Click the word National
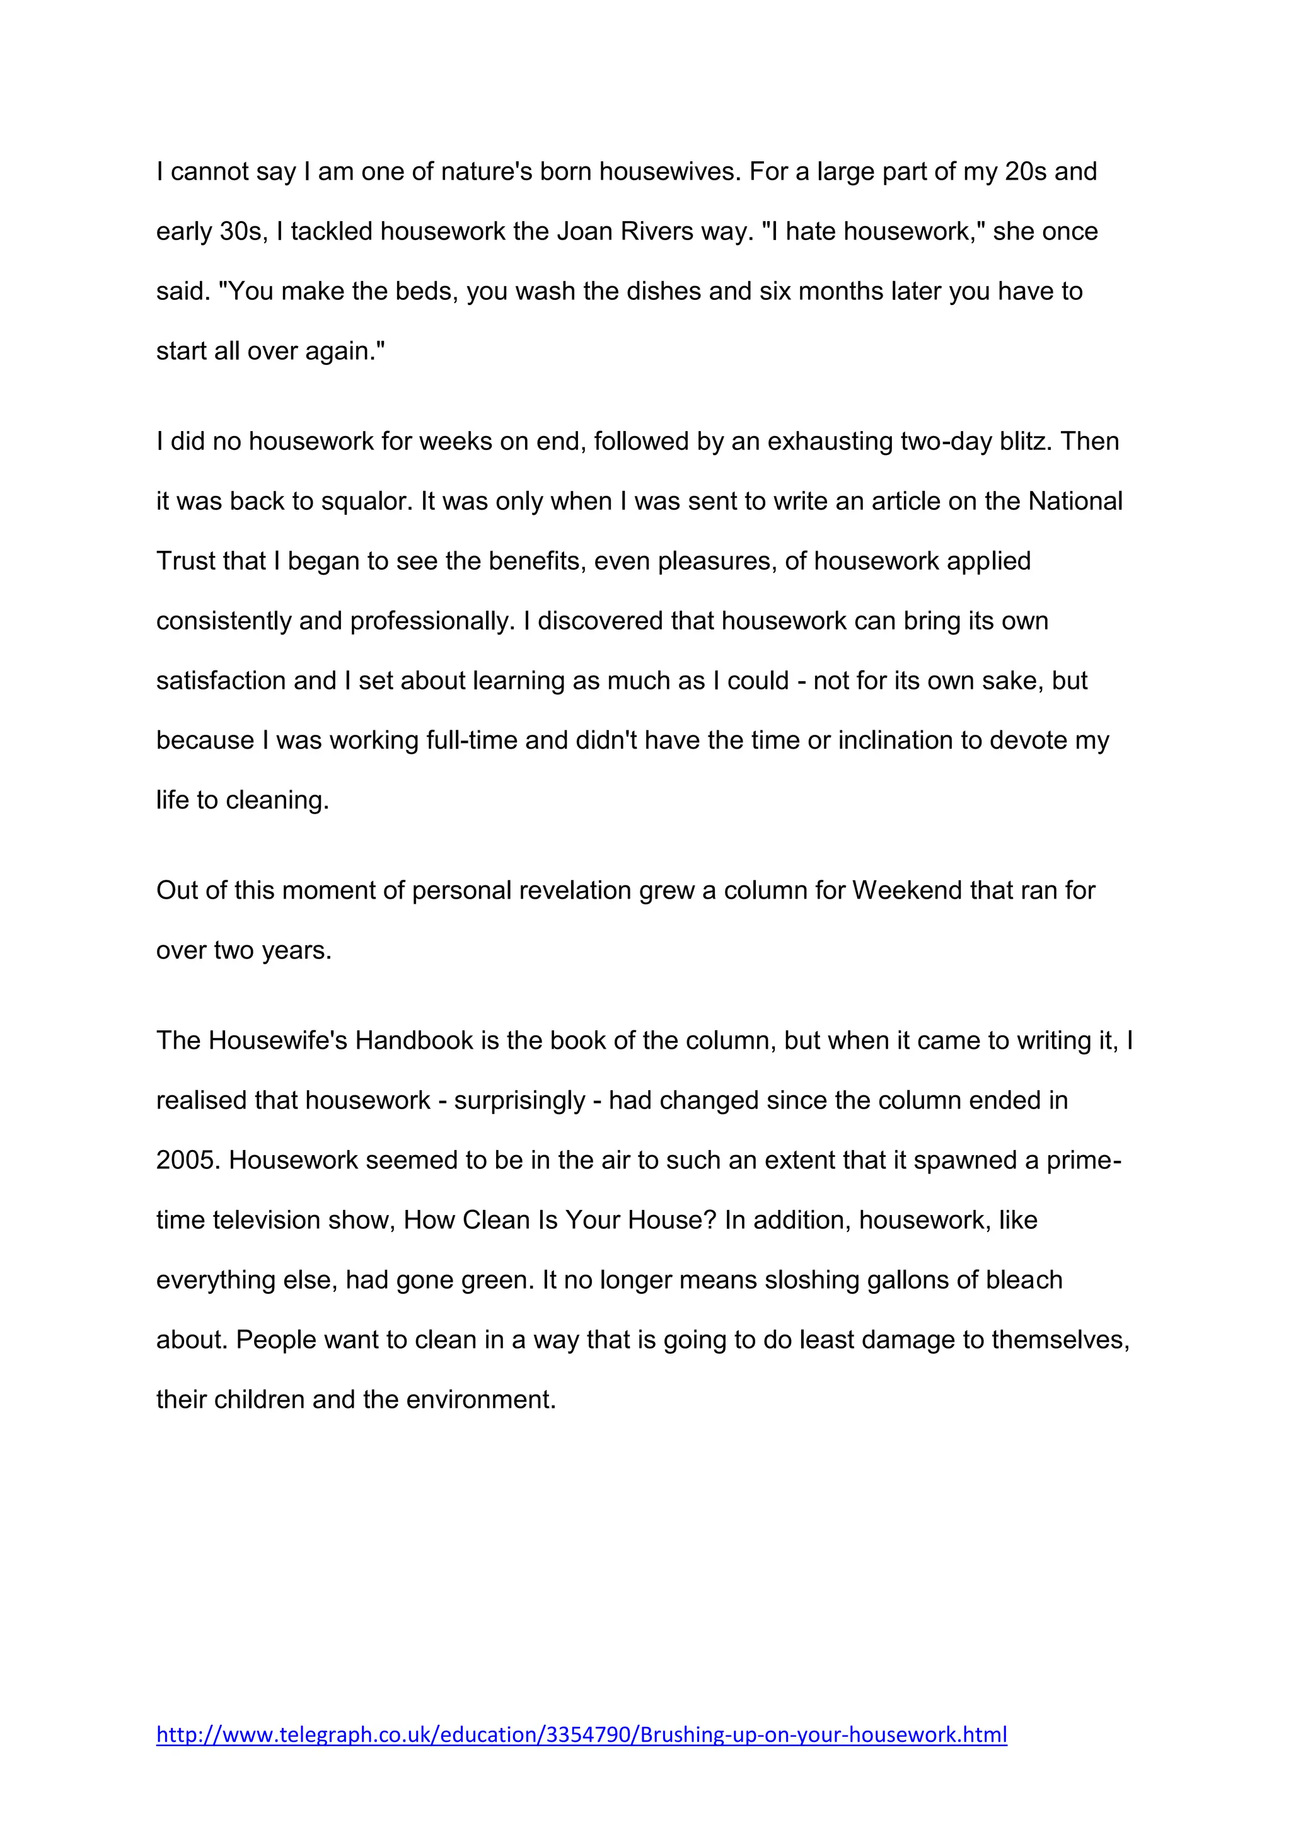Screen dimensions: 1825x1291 [x=1075, y=502]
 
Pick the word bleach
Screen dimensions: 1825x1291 [x=1024, y=1281]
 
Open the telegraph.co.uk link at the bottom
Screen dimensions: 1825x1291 [x=581, y=1734]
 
